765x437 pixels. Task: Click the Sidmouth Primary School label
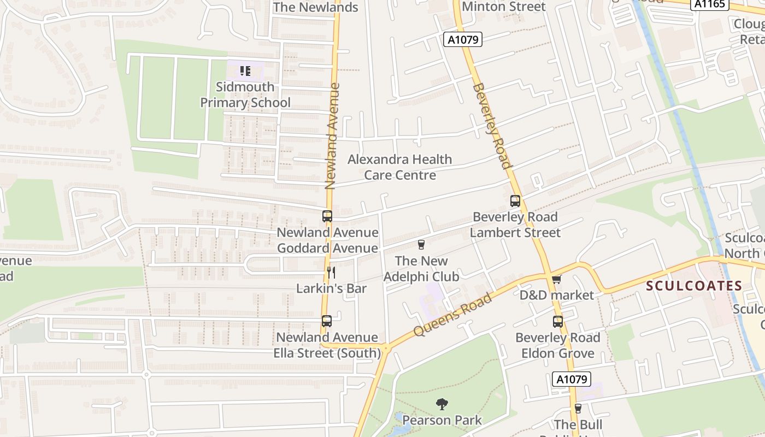coord(245,95)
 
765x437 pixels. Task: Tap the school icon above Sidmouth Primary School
coord(245,70)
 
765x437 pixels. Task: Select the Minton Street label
coord(503,7)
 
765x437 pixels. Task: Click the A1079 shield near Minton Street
coord(462,39)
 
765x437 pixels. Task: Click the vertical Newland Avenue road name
coord(331,135)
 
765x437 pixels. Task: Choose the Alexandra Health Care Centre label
coord(400,167)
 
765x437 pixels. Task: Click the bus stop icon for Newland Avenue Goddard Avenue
coord(327,216)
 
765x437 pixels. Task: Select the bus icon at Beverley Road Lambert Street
coord(515,200)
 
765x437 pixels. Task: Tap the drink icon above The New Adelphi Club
coord(421,244)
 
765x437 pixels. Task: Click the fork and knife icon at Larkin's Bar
coord(331,271)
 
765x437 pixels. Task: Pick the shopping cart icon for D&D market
coord(556,280)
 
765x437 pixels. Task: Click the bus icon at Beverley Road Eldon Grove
coord(557,322)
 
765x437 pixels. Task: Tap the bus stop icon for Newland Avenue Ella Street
coord(327,321)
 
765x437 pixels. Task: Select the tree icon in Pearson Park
coord(442,404)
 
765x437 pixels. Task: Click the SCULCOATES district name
coord(694,286)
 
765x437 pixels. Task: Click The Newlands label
coord(315,7)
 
